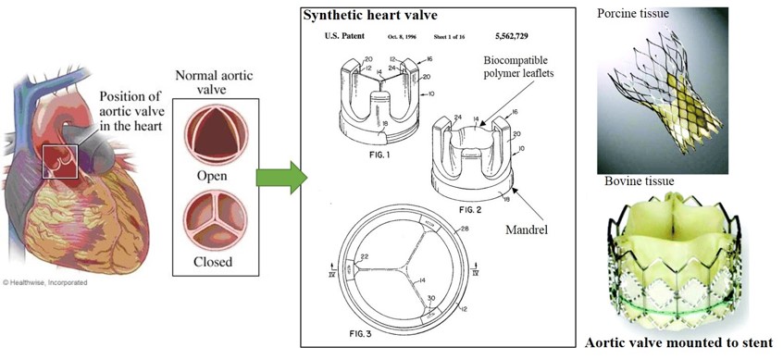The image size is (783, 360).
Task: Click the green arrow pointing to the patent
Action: click(x=279, y=177)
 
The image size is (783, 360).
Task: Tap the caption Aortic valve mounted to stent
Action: click(x=678, y=342)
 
